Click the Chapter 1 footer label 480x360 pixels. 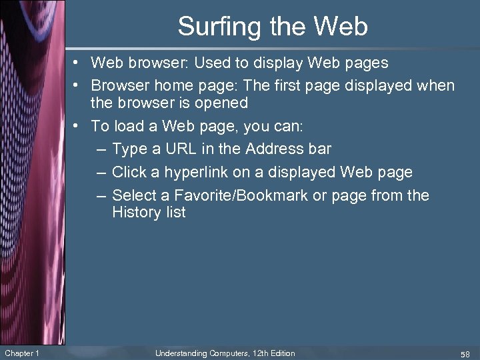(x=22, y=353)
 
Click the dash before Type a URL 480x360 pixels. (x=100, y=149)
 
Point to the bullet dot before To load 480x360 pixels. (x=79, y=126)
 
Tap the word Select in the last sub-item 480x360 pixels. (x=133, y=195)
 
